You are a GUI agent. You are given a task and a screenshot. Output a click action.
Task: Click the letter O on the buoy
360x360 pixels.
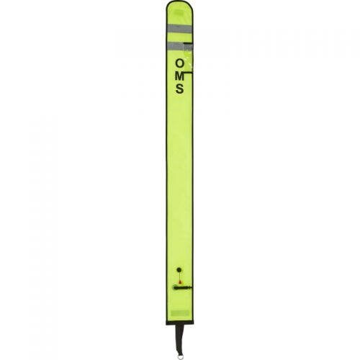[x=180, y=64]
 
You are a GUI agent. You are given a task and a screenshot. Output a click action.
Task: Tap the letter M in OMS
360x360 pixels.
[x=180, y=76]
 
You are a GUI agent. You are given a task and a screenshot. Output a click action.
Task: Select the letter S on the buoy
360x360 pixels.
[x=180, y=89]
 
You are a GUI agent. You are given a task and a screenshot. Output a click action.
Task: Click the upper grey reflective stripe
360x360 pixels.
[x=179, y=29]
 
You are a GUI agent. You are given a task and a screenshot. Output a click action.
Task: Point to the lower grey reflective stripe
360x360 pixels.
[x=179, y=46]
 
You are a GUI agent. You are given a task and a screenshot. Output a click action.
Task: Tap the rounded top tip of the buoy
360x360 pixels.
[x=179, y=2]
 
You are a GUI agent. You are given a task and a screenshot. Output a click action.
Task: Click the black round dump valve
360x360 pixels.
[x=179, y=269]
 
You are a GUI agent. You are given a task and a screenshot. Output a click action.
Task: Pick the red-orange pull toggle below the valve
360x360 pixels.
[x=180, y=282]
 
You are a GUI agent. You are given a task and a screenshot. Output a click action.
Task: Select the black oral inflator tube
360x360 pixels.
[x=182, y=287]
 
